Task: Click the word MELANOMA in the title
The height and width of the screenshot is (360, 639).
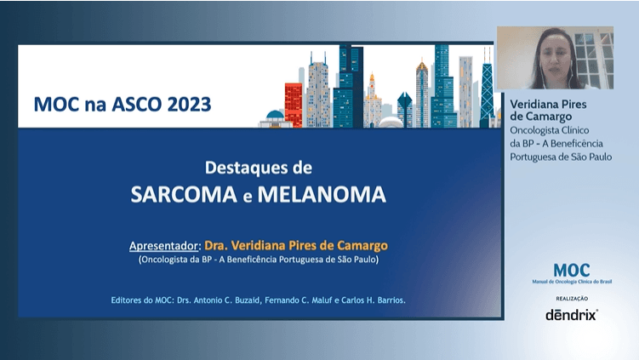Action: tap(321, 195)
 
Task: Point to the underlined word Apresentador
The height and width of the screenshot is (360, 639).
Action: tap(162, 245)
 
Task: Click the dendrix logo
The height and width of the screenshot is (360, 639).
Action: tap(571, 314)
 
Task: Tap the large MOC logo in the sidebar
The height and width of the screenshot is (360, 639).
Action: tap(571, 270)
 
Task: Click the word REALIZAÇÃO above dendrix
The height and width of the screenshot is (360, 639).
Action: tap(571, 299)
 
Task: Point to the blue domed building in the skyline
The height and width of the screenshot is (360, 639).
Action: tap(275, 117)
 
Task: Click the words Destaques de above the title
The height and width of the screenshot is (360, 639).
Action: tap(258, 167)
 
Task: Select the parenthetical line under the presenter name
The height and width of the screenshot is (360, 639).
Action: tap(258, 260)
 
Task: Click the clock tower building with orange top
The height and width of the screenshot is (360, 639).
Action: tap(372, 102)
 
